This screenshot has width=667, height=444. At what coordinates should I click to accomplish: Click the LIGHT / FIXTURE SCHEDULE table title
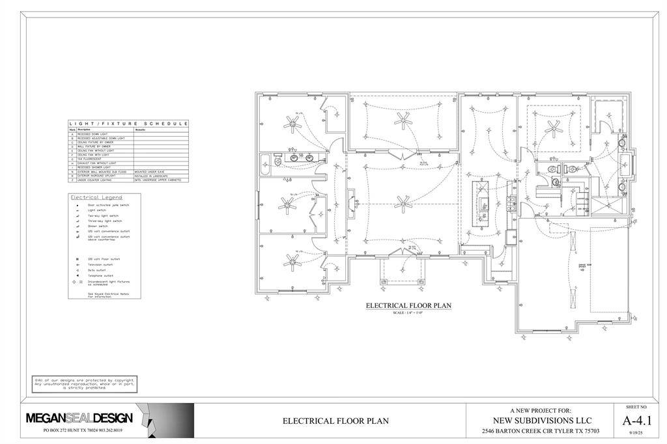[128, 123]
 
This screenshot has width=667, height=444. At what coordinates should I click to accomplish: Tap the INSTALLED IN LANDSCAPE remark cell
[150, 176]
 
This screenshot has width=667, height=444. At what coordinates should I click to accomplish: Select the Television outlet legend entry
[100, 265]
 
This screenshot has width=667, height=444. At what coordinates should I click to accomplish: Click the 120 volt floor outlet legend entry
[102, 259]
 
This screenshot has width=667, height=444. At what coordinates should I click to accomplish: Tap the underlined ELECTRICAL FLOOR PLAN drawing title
[408, 305]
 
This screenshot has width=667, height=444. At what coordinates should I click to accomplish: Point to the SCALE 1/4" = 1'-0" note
[408, 312]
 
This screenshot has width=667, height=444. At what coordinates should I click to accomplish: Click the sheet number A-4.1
[636, 420]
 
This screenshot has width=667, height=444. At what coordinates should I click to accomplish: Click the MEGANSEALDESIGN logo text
[79, 417]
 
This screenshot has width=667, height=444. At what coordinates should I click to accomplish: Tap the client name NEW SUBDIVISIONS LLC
[541, 421]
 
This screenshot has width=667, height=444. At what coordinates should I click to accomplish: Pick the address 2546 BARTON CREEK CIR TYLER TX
[541, 431]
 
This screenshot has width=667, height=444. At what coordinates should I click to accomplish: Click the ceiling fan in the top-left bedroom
[291, 122]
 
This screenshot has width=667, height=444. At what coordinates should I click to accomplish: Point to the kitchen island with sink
[483, 203]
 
